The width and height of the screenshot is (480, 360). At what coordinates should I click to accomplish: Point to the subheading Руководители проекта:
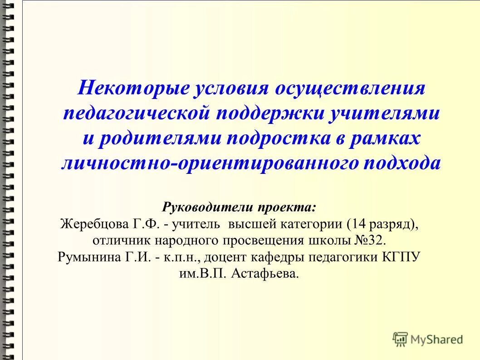[240, 207]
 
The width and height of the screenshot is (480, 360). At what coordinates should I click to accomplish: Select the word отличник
[117, 241]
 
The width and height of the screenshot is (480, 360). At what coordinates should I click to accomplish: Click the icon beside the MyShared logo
[400, 339]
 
